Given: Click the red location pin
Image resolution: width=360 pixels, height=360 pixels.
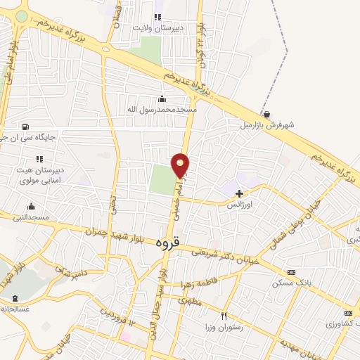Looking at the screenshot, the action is click(x=181, y=165).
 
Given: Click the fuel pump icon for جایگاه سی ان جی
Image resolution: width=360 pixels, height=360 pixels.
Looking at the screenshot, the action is click(x=26, y=127).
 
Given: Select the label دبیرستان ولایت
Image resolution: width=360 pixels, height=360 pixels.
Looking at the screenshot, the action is click(x=163, y=29).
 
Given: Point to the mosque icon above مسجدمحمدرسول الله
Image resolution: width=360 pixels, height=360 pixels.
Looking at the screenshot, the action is click(x=162, y=98).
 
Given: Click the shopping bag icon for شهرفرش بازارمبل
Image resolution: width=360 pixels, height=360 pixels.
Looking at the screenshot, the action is click(x=266, y=114).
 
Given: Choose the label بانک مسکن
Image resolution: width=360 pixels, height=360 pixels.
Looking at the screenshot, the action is click(x=291, y=283).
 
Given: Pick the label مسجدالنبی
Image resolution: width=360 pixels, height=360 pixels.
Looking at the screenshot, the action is click(x=30, y=218).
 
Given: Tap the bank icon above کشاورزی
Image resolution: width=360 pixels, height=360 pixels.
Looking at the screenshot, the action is click(x=347, y=313).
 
